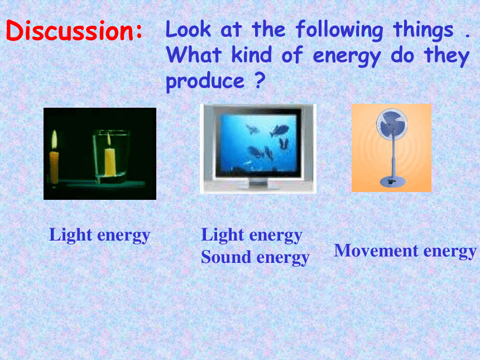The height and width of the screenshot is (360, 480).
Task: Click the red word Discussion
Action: [74, 30]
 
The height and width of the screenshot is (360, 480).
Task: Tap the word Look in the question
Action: [189, 29]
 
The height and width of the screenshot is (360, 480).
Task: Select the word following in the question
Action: [339, 31]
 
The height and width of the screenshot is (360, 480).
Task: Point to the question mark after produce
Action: [260, 80]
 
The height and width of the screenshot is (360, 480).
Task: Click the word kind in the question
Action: [252, 55]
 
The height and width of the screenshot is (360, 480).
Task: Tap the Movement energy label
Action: [405, 251]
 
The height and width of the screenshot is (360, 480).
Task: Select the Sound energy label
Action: [255, 257]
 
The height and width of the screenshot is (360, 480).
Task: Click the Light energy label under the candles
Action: [99, 236]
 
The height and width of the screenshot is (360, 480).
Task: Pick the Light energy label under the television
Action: [252, 236]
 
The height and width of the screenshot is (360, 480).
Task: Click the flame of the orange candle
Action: [54, 140]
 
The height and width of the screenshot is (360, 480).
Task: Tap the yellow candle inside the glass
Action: [110, 161]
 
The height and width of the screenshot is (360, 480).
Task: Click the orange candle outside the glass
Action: [54, 167]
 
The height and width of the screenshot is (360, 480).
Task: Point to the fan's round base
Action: [393, 181]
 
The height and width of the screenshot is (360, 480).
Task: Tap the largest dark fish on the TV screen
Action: [279, 130]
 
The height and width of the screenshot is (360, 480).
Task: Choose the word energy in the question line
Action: [347, 56]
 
